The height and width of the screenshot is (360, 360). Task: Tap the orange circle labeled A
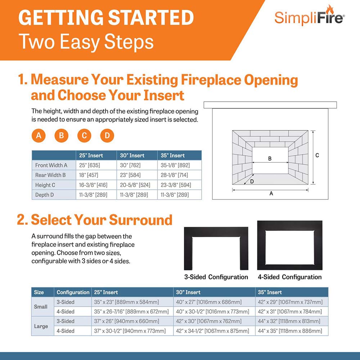(x=39, y=136)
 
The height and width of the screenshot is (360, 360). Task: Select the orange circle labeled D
(x=107, y=136)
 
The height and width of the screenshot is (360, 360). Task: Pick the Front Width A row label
(x=51, y=166)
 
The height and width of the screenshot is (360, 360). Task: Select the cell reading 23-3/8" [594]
(x=175, y=185)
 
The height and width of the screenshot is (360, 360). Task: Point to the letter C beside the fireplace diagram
(x=317, y=156)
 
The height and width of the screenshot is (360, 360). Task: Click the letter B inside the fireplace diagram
(x=270, y=158)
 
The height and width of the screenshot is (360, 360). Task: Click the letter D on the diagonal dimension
(x=252, y=181)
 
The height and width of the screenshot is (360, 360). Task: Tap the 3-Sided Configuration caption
(x=216, y=277)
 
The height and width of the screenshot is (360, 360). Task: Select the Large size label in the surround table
(x=41, y=326)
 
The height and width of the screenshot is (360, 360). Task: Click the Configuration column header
(x=73, y=292)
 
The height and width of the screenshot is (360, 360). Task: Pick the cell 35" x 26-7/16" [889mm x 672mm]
(x=131, y=311)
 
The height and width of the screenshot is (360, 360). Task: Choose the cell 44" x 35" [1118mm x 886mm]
(x=289, y=331)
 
